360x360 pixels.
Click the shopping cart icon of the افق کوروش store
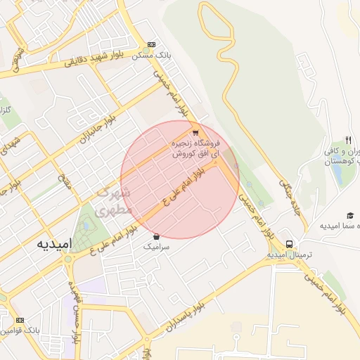coord(195,132)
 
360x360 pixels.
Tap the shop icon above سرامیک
coord(155,236)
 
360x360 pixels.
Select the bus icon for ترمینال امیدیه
coord(289,244)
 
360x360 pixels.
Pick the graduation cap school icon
coord(349,214)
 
